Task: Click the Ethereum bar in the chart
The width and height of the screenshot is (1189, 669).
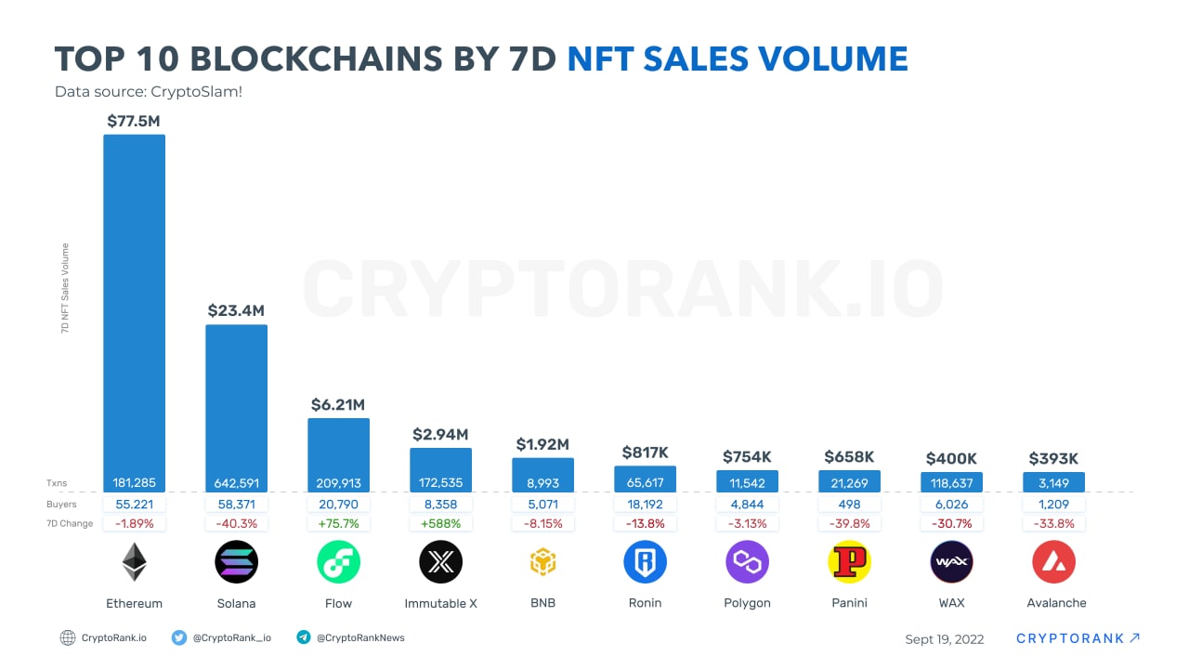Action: click(134, 307)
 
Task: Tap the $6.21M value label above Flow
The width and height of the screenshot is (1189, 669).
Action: click(338, 405)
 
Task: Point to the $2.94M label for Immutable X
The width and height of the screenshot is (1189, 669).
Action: click(440, 434)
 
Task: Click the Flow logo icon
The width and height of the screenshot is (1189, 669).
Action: click(338, 562)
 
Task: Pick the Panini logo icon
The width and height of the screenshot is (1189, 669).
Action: click(849, 562)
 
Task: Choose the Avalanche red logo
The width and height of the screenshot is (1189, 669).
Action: click(1053, 562)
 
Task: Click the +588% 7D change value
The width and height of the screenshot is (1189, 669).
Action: click(440, 523)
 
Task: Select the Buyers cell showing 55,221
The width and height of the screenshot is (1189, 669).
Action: click(134, 504)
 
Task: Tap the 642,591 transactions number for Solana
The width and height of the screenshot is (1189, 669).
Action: click(236, 483)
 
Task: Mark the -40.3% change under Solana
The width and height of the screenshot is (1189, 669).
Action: click(236, 523)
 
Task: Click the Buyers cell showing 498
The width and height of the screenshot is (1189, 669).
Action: click(849, 504)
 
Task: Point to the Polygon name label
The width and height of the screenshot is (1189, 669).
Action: click(747, 603)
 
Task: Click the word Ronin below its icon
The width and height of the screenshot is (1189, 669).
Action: click(645, 603)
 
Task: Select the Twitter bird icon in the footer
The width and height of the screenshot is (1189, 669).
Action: click(179, 637)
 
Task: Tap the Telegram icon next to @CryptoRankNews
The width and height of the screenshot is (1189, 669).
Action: click(303, 637)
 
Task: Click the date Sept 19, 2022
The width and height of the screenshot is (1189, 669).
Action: click(944, 639)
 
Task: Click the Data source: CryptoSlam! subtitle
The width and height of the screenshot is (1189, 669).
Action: click(149, 92)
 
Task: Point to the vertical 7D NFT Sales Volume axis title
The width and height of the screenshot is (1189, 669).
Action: click(66, 288)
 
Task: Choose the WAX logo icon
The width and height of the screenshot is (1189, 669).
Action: click(951, 562)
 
